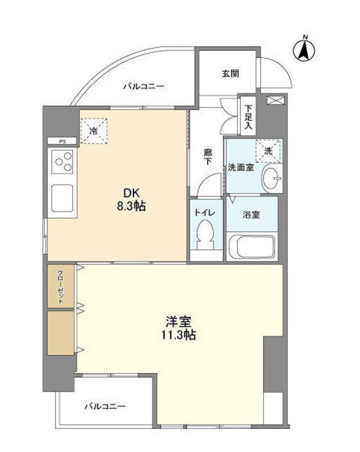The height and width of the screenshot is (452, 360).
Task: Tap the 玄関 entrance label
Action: point(229,74)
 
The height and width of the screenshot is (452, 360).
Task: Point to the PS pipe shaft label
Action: point(62,141)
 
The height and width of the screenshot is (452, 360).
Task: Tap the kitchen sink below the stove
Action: point(63,198)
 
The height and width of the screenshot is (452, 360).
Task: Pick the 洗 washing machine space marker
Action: point(268,151)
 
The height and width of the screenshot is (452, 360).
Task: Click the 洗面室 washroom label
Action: point(240,167)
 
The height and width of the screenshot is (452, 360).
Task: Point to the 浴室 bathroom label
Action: point(252,214)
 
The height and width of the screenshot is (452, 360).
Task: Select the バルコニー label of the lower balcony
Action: point(105,406)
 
